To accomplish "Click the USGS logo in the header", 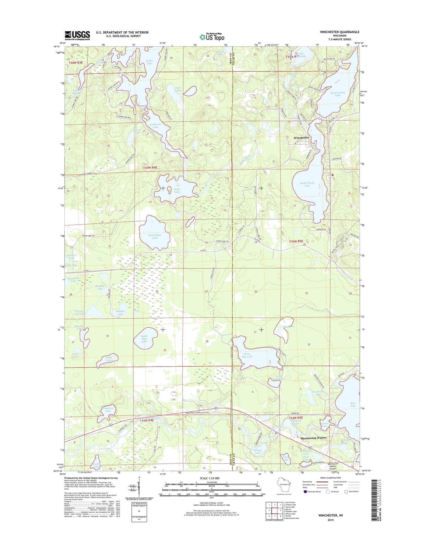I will point(77,35).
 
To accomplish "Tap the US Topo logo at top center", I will point(212,37).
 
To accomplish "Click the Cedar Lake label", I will point(177,190).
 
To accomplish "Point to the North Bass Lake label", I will point(155,236).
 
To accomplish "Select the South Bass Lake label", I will point(144,339).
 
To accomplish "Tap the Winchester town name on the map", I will point(301,138).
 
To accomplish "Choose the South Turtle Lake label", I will point(307,184).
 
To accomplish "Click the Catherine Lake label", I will point(155,125).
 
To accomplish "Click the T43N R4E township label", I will point(150,167).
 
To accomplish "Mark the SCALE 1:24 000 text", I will point(211,478).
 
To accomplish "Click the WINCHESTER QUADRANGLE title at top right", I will point(339,32).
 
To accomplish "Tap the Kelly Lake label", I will point(109,359).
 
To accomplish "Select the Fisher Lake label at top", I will point(150,62).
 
